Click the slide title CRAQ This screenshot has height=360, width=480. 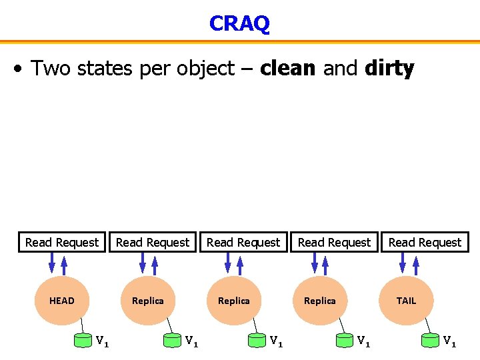coord(239,23)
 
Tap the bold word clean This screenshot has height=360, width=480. coord(287,68)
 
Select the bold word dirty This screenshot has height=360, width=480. coord(389,68)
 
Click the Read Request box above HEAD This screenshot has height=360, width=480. coord(62,242)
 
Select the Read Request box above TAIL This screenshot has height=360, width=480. coord(425,242)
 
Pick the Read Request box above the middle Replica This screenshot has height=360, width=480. coord(243,242)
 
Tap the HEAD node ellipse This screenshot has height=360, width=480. coord(61,301)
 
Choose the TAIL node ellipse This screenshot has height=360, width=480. coord(406,301)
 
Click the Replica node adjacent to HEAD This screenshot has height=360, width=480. coord(147,301)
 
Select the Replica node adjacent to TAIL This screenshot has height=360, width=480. coord(319,301)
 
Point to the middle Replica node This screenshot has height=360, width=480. coord(233,301)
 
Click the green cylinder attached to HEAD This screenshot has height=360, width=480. coord(83,341)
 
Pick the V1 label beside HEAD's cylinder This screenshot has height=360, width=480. coord(102,341)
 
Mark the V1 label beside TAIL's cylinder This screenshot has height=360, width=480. coord(449,341)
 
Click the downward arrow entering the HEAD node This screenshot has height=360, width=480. coord(52,263)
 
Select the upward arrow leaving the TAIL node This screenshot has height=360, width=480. coord(417,263)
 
